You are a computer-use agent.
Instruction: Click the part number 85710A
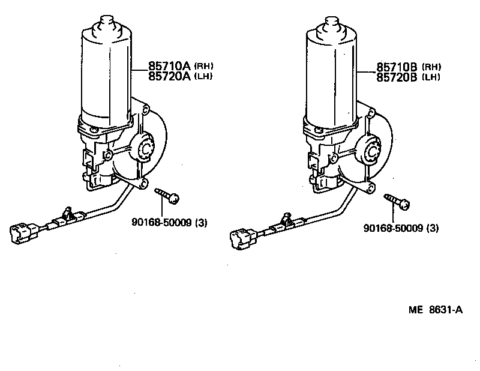170,66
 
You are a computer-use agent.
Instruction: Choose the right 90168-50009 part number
394,228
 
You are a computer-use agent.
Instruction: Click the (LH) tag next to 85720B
431,77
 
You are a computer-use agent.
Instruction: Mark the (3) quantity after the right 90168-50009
432,228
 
